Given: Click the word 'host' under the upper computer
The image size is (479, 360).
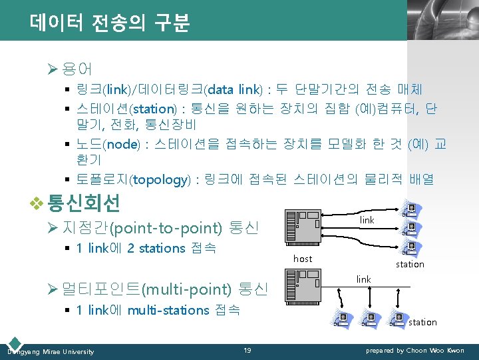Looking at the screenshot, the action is tap(303, 259).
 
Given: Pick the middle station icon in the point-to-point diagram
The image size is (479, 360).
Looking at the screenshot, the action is tap(410, 229).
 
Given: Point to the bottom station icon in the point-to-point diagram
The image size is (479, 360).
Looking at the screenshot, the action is tap(410, 248).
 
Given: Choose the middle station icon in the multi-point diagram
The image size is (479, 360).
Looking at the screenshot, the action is tap(369, 320).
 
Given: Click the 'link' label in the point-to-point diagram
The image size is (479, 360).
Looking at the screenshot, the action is tap(367, 220).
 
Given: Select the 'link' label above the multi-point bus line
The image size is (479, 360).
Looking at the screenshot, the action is tap(363, 279).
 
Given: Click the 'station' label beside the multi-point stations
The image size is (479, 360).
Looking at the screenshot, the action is tap(422, 323).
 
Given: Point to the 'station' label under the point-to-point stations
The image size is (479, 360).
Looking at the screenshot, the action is tap(410, 265).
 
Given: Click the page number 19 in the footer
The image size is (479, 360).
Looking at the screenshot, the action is tap(247, 351).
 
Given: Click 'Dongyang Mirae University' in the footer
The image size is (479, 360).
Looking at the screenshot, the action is tap(51, 351).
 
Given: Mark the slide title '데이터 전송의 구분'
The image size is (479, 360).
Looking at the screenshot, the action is tap(110, 24).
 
